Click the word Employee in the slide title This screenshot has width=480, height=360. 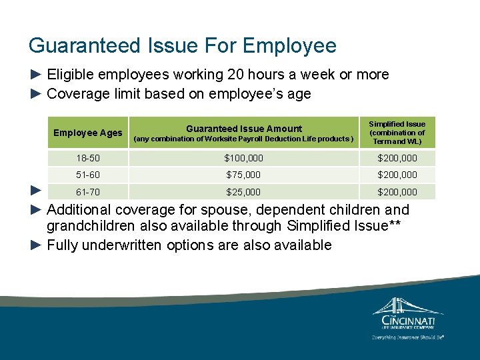tap(289, 46)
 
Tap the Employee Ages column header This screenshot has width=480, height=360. tap(88, 133)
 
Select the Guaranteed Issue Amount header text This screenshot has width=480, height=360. tap(243, 129)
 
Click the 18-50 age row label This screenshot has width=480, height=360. tap(88, 158)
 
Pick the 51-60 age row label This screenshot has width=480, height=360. tap(88, 175)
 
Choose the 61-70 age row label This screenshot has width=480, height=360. tap(88, 192)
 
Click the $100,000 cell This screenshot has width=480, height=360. tap(244, 158)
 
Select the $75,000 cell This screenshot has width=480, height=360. tap(244, 175)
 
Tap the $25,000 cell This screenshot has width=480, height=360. tap(244, 192)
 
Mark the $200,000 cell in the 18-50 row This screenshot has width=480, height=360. tap(397, 158)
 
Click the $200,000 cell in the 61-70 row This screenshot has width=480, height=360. tap(397, 192)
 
